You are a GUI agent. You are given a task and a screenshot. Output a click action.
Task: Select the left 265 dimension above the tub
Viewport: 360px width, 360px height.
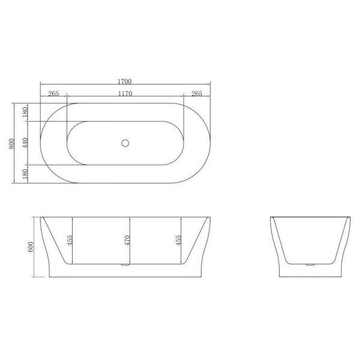click(x=53, y=94)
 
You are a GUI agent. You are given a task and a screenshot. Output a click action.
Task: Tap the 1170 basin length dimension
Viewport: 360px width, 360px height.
click(x=125, y=94)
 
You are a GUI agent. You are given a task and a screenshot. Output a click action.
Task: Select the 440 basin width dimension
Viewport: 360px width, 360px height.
click(x=26, y=143)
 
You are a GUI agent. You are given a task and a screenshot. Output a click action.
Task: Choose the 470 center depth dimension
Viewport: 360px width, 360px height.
click(x=127, y=241)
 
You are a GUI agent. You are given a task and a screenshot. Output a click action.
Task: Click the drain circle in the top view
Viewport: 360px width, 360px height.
click(x=125, y=143)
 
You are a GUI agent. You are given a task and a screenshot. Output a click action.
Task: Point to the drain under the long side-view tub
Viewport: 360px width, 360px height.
click(x=125, y=265)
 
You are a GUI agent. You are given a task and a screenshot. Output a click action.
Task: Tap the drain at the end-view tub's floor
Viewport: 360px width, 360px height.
click(x=310, y=265)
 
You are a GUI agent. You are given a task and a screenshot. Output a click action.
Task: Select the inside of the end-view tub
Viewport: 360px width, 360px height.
click(x=310, y=240)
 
